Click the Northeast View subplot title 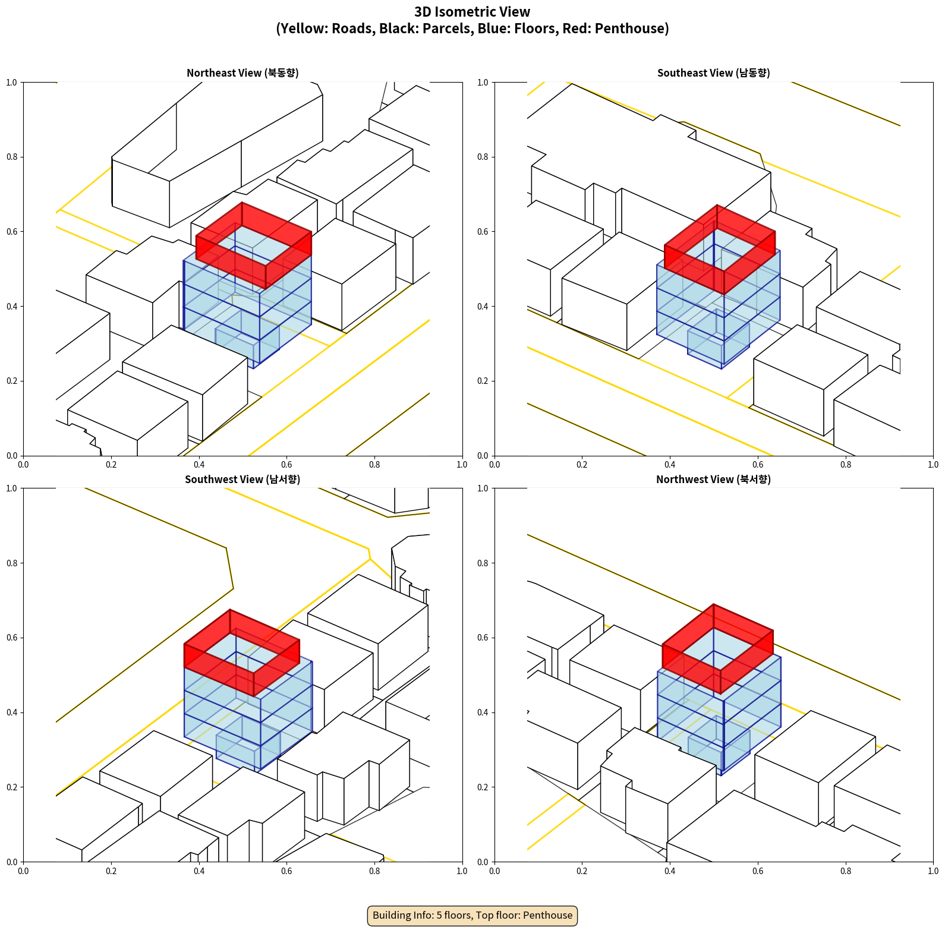(x=242, y=73)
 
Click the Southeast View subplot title (x=713, y=73)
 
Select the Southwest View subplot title (x=242, y=480)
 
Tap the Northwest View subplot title (x=713, y=480)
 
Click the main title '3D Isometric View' (x=472, y=12)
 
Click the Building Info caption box (x=472, y=915)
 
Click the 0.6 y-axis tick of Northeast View (x=12, y=232)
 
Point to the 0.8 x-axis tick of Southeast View (x=846, y=465)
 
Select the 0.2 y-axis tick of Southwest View (x=12, y=787)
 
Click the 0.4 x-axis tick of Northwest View (x=670, y=871)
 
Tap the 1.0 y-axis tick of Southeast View (x=483, y=83)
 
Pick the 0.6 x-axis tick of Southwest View (x=286, y=871)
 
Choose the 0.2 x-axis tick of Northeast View (x=111, y=465)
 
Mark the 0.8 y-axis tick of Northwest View (x=483, y=563)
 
